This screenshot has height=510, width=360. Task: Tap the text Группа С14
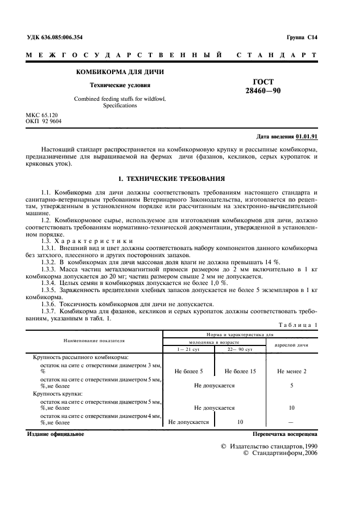click(302, 38)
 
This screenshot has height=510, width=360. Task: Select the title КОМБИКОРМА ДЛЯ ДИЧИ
click(120, 72)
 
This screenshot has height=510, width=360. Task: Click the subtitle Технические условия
click(120, 85)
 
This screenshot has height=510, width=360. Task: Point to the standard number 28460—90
click(263, 90)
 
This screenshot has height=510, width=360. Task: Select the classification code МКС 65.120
click(42, 115)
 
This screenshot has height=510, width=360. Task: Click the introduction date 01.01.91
click(307, 137)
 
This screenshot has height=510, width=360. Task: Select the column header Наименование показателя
click(94, 341)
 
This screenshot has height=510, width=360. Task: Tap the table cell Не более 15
click(240, 371)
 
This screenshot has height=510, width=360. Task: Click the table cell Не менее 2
click(291, 371)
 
